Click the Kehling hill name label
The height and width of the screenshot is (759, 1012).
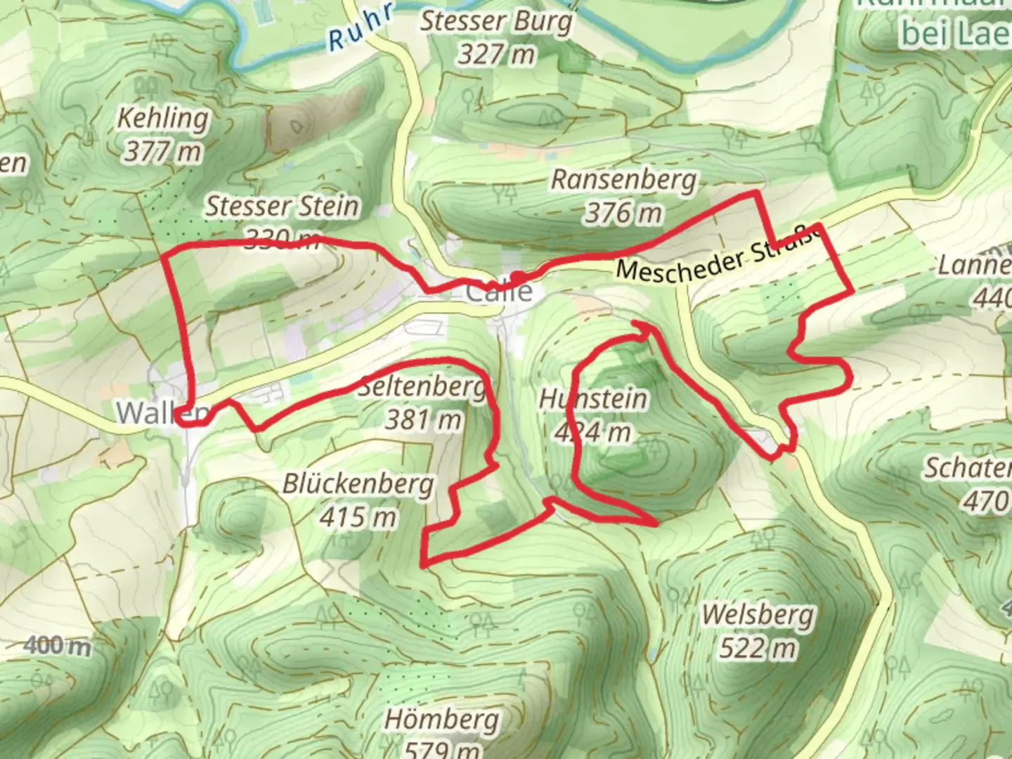tap(162, 118)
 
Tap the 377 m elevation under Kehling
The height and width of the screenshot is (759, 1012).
tap(162, 151)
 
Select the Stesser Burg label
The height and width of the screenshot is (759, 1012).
tap(496, 21)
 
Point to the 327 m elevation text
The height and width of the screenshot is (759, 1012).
tap(496, 54)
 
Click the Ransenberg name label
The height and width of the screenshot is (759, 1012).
tap(623, 180)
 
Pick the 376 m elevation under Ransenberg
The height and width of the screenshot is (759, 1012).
tap(623, 213)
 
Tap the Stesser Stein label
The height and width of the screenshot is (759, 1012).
tap(282, 207)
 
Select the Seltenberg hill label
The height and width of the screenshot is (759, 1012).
tap(422, 386)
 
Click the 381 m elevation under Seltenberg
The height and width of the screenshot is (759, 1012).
tap(423, 420)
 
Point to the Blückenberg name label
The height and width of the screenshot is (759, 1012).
tap(358, 484)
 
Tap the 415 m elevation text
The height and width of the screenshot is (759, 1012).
tap(358, 517)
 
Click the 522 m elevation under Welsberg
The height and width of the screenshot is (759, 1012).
tap(758, 648)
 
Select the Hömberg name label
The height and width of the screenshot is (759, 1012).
tap(442, 720)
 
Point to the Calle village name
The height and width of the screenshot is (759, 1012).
tap(500, 292)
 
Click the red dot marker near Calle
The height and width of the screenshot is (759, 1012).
tap(517, 276)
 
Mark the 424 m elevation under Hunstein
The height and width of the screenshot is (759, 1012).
tap(592, 432)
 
